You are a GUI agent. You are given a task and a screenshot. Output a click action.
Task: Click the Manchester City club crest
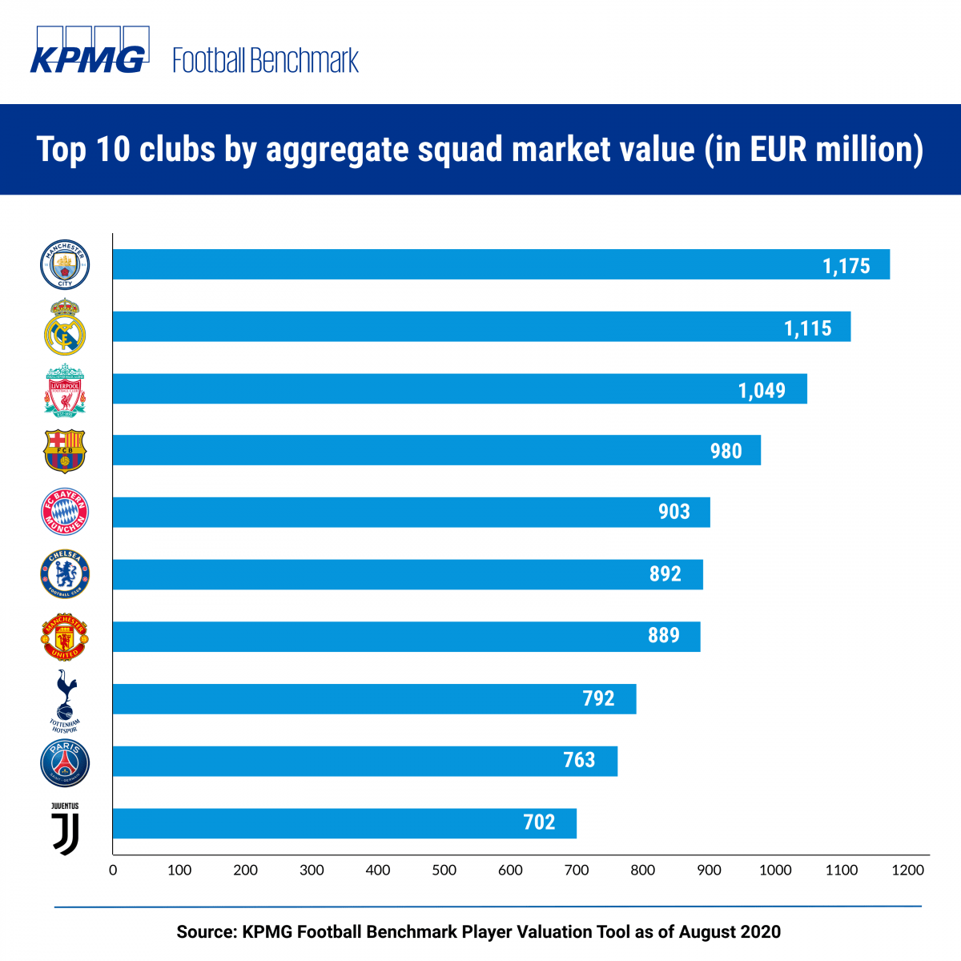pyautogui.click(x=65, y=265)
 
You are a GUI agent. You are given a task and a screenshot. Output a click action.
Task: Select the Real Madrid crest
pyautogui.click(x=65, y=328)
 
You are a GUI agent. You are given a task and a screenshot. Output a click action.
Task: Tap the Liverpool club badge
pyautogui.click(x=65, y=390)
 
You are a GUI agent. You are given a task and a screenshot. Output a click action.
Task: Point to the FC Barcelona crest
pyautogui.click(x=65, y=451)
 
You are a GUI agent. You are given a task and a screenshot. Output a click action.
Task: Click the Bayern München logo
pyautogui.click(x=65, y=512)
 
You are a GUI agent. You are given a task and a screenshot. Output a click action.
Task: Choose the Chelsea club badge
pyautogui.click(x=65, y=573)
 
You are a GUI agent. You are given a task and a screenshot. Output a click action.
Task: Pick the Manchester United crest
pyautogui.click(x=65, y=637)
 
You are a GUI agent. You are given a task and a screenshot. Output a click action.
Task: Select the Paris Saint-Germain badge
pyautogui.click(x=65, y=763)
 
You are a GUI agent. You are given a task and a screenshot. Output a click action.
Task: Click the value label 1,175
pyautogui.click(x=846, y=266)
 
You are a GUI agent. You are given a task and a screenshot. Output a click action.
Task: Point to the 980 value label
pyautogui.click(x=726, y=452)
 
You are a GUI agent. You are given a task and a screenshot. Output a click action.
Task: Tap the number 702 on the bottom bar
pyautogui.click(x=539, y=822)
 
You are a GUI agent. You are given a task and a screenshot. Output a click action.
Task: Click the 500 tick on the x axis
pyautogui.click(x=444, y=871)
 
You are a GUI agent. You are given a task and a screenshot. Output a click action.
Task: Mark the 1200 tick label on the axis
pyautogui.click(x=907, y=871)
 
